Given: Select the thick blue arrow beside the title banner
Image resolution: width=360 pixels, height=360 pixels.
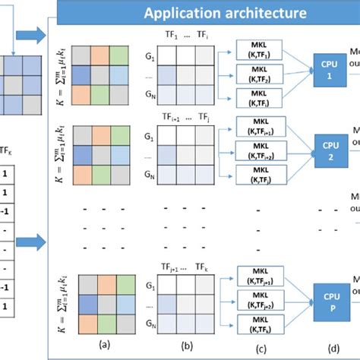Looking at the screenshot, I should (x=33, y=35).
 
